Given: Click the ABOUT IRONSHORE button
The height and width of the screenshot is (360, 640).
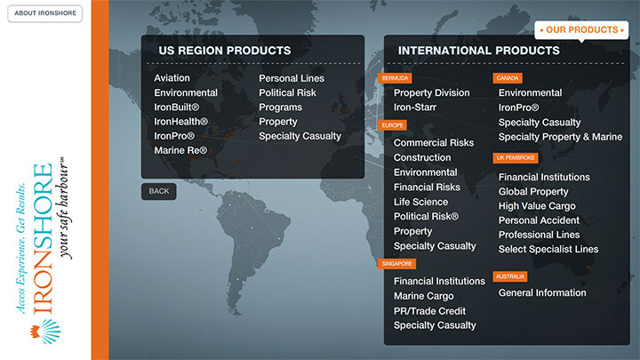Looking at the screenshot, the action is point(45,13).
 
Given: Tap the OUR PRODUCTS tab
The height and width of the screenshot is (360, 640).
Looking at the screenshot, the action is point(581,30).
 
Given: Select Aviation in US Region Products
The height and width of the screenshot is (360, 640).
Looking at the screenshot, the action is point(172,78).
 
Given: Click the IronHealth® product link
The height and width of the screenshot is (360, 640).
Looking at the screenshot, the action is point(180,122).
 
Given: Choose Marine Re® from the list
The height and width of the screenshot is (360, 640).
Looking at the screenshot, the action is point(180,150).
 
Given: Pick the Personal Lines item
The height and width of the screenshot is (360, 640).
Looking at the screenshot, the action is point(292,78).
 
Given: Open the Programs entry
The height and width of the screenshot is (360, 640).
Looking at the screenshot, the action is point(280,108).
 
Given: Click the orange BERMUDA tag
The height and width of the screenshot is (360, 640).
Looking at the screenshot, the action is point(395,78).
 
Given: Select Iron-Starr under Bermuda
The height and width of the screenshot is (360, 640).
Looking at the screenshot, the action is point(415,108).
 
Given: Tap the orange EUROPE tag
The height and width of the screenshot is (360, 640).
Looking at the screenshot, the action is point(392,125).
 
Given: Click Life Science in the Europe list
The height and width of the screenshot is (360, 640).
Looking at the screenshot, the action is point(420,202).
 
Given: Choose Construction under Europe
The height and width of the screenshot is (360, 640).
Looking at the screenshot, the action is point(422,157).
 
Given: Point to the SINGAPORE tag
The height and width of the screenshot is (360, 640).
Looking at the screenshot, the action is point(396,264).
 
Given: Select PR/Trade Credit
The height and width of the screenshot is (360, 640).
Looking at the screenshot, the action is point(429,311).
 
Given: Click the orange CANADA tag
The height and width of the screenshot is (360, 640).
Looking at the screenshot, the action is point(508,78).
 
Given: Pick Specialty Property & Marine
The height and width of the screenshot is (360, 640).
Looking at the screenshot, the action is point(560,137).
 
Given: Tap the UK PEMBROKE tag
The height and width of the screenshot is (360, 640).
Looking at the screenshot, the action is point(516,158).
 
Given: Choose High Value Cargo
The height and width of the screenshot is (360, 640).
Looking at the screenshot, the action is point(537,206).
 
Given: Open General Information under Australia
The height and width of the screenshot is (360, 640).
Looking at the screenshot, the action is point(542,292).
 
